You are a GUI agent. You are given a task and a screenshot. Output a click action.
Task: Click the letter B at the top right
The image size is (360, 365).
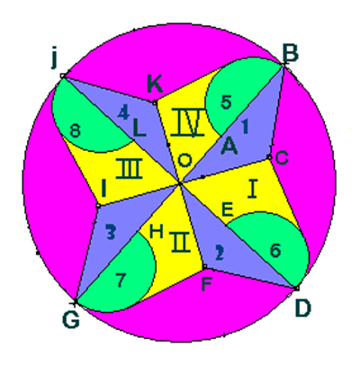[x=290, y=53]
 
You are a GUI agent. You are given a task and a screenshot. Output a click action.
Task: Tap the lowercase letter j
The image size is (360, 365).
[x=54, y=58]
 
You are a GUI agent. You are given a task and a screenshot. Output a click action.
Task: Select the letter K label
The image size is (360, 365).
[x=155, y=84]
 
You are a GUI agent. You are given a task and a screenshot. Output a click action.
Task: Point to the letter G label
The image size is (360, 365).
[x=71, y=319]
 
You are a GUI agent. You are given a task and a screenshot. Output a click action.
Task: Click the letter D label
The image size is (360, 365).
[x=302, y=308]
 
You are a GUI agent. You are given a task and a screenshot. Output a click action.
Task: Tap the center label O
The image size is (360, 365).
[x=184, y=161]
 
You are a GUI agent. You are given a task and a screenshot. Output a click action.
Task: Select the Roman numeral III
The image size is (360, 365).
[x=129, y=169]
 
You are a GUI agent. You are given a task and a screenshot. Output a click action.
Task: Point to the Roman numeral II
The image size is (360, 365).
[x=180, y=242]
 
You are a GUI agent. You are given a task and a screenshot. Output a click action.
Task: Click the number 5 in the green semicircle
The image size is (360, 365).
[x=226, y=102]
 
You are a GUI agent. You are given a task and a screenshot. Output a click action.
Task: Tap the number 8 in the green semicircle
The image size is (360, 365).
[x=75, y=131]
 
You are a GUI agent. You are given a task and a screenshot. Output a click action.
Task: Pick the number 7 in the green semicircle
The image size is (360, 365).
[x=120, y=280]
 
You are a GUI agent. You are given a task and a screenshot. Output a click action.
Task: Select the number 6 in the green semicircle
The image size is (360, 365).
[x=275, y=250]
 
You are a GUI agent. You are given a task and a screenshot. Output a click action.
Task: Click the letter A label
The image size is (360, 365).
[x=229, y=147]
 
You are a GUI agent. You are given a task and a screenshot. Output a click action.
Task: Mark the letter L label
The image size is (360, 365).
[x=139, y=129]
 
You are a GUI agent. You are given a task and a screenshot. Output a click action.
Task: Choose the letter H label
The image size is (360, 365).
[x=157, y=231]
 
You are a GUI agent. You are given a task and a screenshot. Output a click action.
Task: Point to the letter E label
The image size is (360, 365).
[x=227, y=209]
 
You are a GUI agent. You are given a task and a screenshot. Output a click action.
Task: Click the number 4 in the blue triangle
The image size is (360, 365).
[x=123, y=113]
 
